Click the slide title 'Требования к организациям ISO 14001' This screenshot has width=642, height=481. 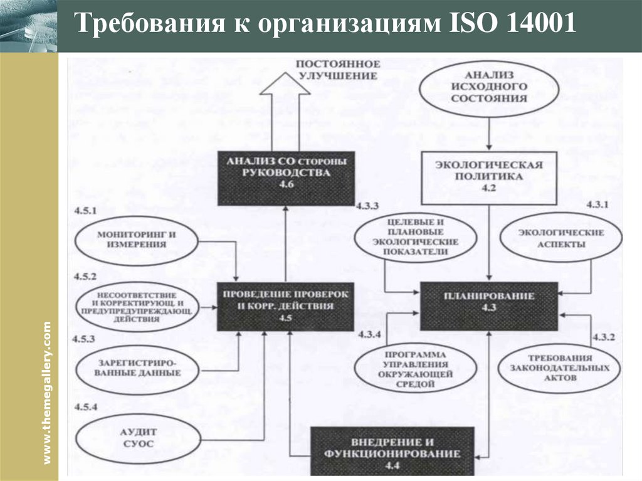tap(325, 26)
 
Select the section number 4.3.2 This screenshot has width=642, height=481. tap(603, 337)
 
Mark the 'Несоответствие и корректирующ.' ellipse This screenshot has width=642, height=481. tap(137, 306)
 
